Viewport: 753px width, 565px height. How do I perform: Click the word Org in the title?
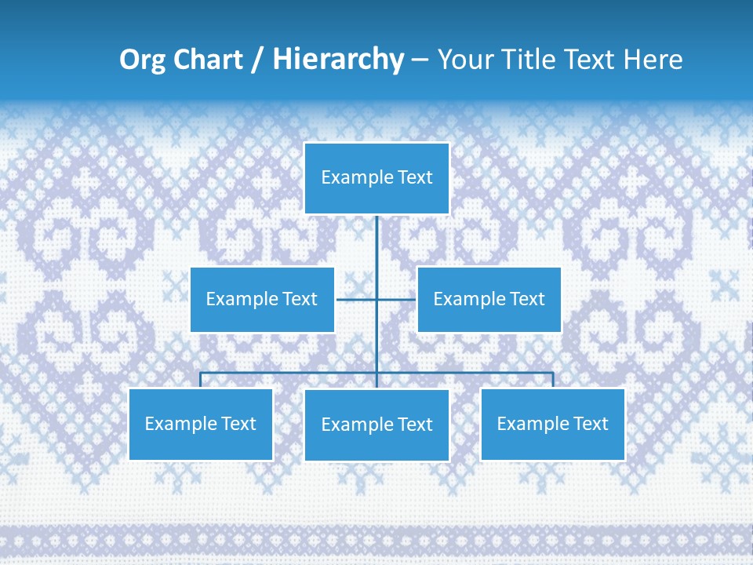[142, 60]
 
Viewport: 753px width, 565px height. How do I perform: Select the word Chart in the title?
[208, 60]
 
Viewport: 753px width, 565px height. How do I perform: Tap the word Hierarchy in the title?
[337, 60]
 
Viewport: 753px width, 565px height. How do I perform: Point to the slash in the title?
[256, 60]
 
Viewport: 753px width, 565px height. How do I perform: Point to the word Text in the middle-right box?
[526, 299]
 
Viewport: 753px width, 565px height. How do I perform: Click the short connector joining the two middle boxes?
[357, 299]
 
